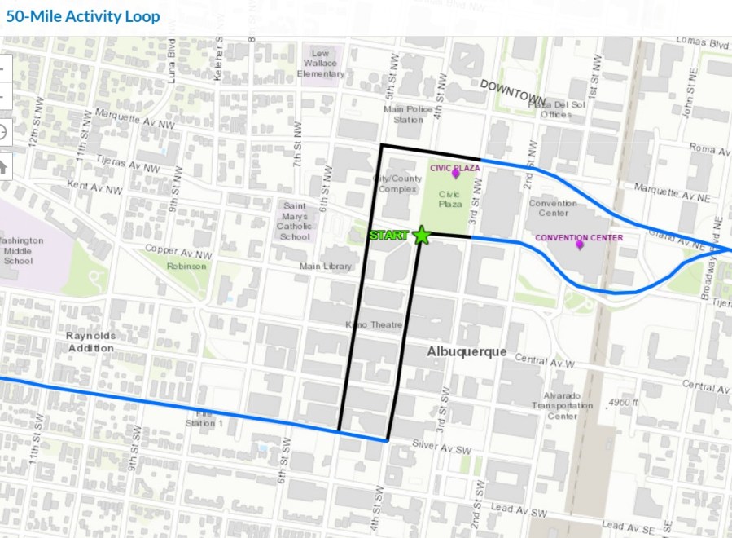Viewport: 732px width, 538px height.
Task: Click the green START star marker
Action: click(x=422, y=236)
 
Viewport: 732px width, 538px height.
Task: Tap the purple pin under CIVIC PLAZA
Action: click(x=456, y=174)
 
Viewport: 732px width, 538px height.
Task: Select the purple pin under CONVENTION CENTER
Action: click(x=580, y=244)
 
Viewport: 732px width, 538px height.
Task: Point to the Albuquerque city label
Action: click(x=467, y=351)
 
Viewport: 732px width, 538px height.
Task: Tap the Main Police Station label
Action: click(x=404, y=115)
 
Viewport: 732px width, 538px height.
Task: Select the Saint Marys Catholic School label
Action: click(x=295, y=222)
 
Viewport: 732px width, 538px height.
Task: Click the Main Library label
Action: click(x=326, y=266)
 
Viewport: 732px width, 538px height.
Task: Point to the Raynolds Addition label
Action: click(x=91, y=342)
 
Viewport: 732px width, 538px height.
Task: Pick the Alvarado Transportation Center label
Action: click(x=562, y=405)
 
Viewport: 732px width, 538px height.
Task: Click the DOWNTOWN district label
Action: click(x=511, y=85)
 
